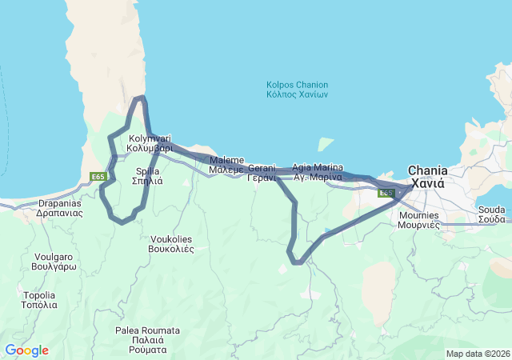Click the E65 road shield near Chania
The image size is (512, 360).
[x=387, y=193]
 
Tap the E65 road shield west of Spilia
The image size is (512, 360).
[x=98, y=177]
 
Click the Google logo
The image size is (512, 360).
[x=26, y=350]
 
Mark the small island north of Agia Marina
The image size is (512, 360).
[x=325, y=144]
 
